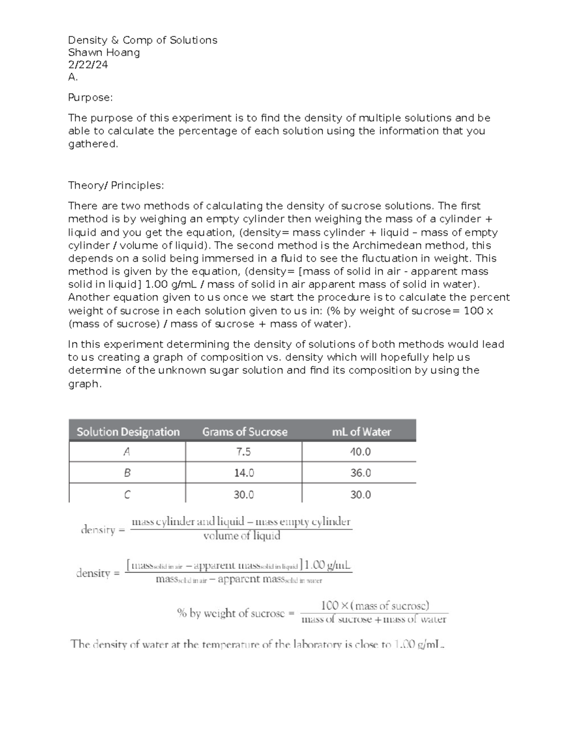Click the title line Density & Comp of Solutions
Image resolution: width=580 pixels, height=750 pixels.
point(143,40)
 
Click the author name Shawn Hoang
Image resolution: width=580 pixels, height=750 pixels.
point(104,53)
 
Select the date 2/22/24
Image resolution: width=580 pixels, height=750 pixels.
point(88,65)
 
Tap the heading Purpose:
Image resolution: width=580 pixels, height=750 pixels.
point(90,98)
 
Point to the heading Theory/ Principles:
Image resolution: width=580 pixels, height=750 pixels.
point(116,185)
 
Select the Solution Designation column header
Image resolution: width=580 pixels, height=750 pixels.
point(128,432)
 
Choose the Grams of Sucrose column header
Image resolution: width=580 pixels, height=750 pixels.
point(245,432)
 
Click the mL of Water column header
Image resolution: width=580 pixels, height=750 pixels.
point(361,432)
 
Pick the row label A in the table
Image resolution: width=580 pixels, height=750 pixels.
point(127,452)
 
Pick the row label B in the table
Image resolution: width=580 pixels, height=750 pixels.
point(127,473)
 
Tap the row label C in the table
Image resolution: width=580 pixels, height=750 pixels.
point(127,495)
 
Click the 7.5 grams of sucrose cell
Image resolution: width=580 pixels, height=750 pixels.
point(244,452)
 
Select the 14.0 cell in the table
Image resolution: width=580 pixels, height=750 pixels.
point(244,473)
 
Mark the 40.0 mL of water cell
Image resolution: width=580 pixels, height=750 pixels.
point(361,452)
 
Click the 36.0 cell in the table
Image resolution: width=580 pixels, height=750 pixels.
point(361,473)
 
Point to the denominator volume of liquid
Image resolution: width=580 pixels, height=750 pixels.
point(242,536)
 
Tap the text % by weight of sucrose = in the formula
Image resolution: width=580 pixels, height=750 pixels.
point(235,613)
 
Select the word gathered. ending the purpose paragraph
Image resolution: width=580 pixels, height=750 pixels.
point(93,144)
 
